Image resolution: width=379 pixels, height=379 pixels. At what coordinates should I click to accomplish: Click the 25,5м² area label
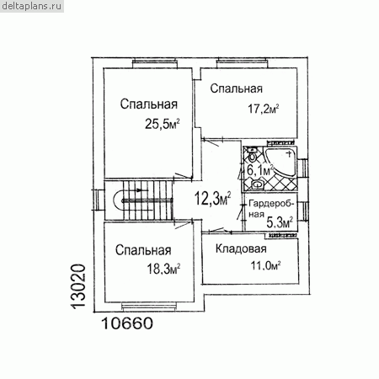tap(163, 124)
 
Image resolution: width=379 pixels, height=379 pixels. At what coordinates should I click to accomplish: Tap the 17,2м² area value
tap(264, 109)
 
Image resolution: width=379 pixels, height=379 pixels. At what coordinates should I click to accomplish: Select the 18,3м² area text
tap(163, 270)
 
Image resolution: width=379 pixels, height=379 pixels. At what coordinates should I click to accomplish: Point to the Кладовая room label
tap(241, 248)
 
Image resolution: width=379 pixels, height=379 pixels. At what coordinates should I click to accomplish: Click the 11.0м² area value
tap(265, 265)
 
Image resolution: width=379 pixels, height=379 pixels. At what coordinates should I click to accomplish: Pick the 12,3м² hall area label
tap(213, 199)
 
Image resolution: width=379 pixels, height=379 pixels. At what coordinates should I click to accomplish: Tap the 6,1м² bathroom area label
tap(260, 170)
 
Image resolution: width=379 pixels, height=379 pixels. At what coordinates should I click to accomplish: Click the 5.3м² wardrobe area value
tap(280, 222)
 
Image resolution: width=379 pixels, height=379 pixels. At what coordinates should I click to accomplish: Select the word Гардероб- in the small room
tap(271, 203)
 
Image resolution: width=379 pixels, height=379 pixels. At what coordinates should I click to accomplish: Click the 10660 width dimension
tap(127, 323)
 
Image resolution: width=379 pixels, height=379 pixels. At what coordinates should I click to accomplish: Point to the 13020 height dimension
tap(77, 286)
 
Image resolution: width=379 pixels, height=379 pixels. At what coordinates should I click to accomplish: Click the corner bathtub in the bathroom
tap(280, 162)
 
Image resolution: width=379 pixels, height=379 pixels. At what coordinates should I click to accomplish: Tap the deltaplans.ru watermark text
tap(32, 6)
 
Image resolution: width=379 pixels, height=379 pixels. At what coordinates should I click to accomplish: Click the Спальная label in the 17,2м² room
tap(237, 88)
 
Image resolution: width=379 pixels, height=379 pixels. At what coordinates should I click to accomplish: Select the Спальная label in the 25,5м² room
tap(149, 104)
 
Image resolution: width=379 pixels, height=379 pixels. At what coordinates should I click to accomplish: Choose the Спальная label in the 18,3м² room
tap(143, 250)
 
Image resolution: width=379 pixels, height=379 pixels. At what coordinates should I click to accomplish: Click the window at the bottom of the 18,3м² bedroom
tap(150, 307)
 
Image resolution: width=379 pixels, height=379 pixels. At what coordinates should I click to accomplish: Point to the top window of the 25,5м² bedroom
tap(155, 63)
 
